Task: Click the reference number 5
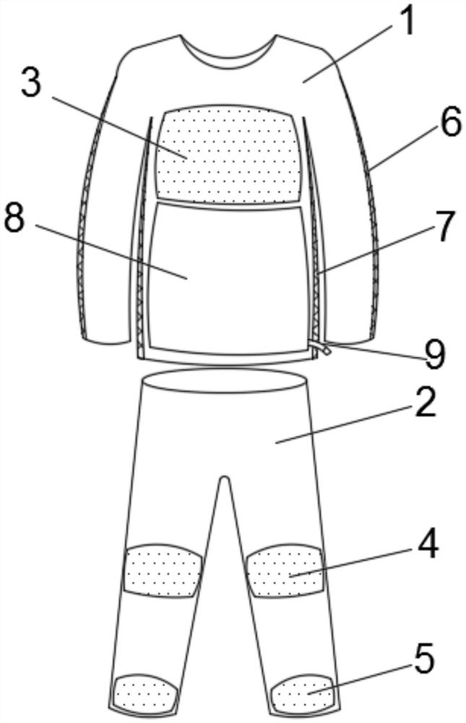click(x=424, y=659)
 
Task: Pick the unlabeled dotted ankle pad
click(x=147, y=693)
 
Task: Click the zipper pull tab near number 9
click(x=327, y=350)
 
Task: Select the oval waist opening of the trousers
click(x=228, y=381)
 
